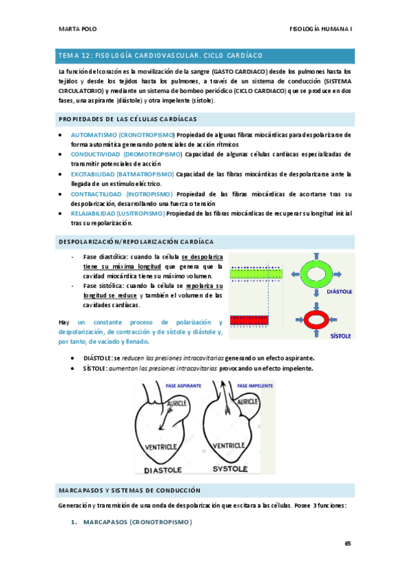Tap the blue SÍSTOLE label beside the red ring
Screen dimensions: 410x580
click(340, 336)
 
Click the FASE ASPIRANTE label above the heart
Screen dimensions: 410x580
click(180, 387)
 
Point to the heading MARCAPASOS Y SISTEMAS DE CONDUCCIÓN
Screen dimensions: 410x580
click(130, 490)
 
